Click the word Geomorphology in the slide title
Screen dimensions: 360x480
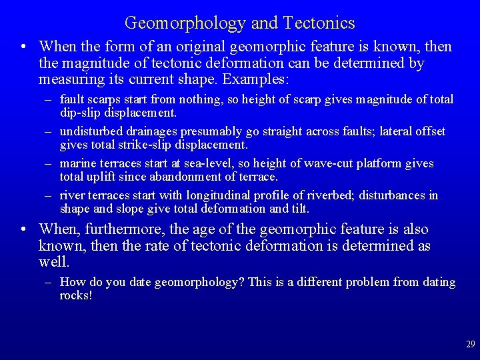(185, 23)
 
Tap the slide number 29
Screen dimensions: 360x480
(471, 345)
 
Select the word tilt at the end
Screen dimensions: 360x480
(299, 208)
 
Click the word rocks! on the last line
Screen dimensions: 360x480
(75, 295)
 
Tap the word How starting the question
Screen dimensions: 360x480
(71, 282)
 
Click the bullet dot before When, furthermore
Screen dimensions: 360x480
(23, 229)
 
